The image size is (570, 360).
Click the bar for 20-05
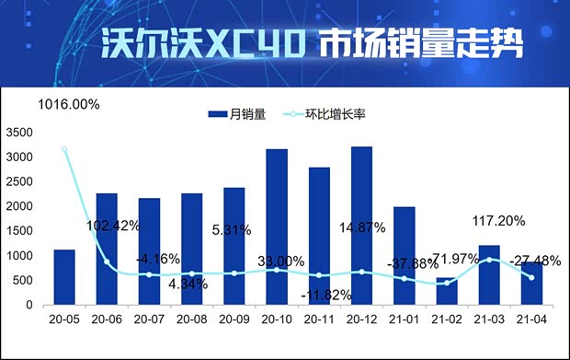click(x=64, y=277)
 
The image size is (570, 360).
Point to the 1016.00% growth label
click(x=69, y=105)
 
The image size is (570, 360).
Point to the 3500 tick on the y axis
click(x=19, y=133)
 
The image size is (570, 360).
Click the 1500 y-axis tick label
click(x=19, y=231)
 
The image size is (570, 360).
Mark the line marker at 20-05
click(x=64, y=149)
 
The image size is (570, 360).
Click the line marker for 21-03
click(x=489, y=260)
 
